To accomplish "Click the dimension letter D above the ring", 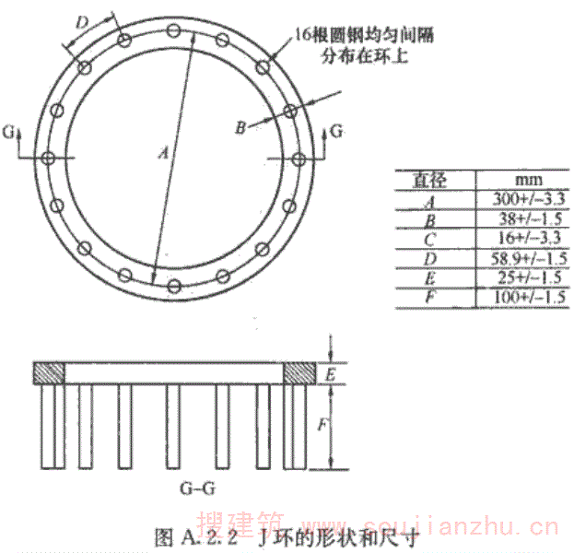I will click(x=82, y=20).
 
